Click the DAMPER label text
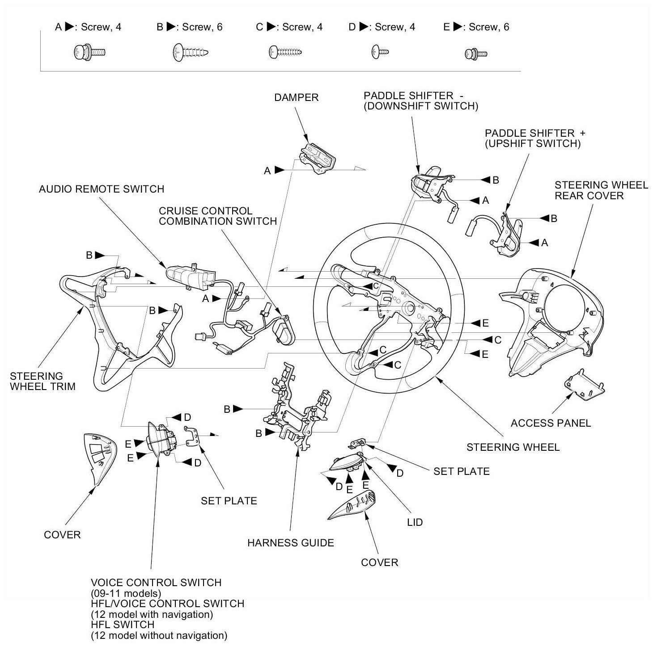pyautogui.click(x=296, y=98)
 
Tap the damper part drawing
pyautogui.click(x=317, y=158)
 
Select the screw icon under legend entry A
pyautogui.click(x=89, y=52)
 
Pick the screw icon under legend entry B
pyautogui.click(x=191, y=53)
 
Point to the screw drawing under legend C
pyautogui.click(x=285, y=52)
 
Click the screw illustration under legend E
pyautogui.click(x=476, y=54)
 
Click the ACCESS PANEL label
pyautogui.click(x=551, y=423)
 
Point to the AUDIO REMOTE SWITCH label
pyautogui.click(x=102, y=189)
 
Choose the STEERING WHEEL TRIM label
pyautogui.click(x=42, y=381)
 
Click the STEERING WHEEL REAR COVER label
pyautogui.click(x=601, y=190)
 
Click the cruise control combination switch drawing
pyautogui.click(x=284, y=330)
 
